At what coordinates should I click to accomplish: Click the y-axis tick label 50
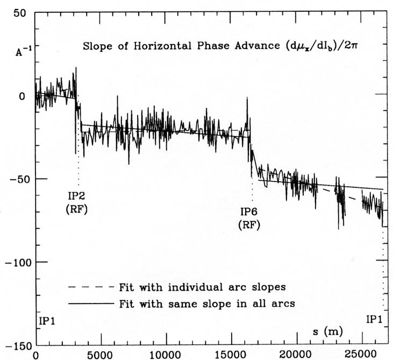tap(19, 14)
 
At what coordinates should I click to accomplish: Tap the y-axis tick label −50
tap(16, 179)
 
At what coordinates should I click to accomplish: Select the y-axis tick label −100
tap(13, 262)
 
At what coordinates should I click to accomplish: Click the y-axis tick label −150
tap(13, 345)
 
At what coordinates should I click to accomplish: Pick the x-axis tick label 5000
tap(101, 355)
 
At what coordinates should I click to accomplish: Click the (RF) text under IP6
tap(249, 225)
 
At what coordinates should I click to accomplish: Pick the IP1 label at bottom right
tap(375, 319)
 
